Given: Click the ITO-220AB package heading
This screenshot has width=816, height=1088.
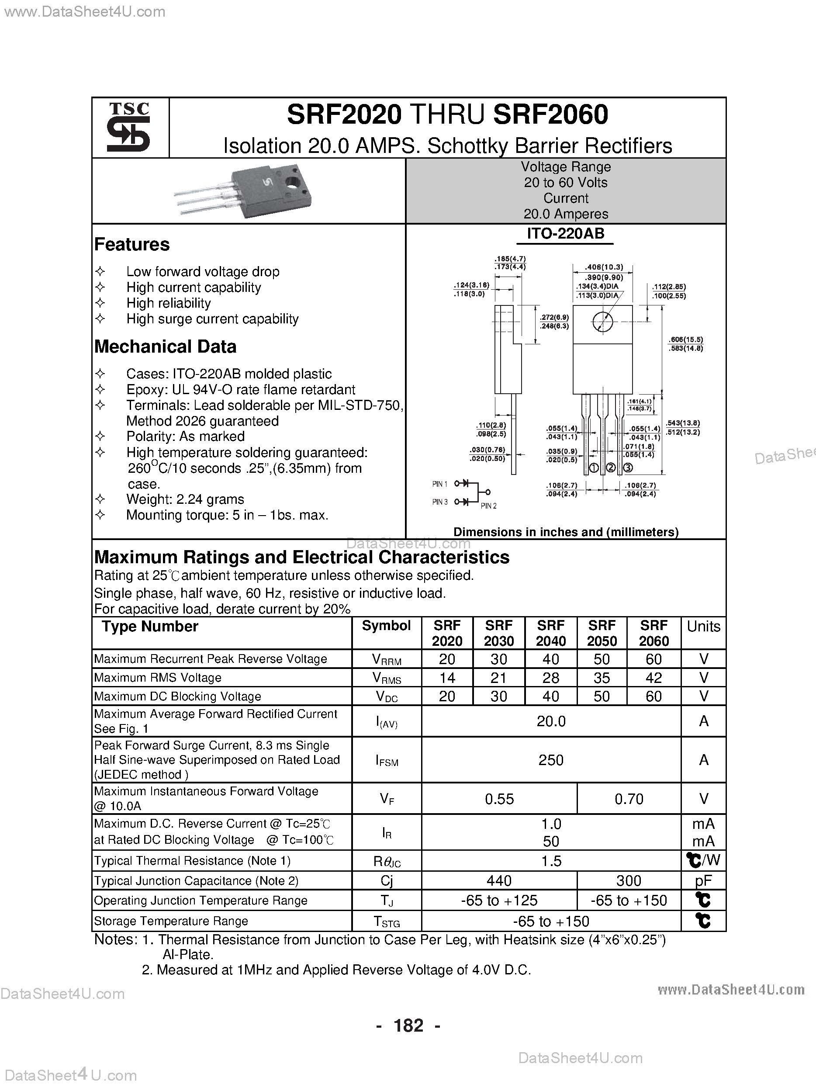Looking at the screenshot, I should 565,234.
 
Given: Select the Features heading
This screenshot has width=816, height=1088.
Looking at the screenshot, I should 132,244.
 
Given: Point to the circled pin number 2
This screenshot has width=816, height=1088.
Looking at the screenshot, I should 610,468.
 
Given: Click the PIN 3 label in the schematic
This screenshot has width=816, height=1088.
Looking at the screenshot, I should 440,502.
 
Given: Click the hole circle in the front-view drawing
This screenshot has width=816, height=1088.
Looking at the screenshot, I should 602,322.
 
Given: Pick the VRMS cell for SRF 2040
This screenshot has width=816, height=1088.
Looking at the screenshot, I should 550,678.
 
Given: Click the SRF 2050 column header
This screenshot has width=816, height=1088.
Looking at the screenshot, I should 602,633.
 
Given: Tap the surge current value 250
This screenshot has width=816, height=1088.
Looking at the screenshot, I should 550,760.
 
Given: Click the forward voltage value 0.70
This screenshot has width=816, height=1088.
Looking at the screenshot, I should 629,799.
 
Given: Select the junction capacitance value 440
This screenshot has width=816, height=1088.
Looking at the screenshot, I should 499,880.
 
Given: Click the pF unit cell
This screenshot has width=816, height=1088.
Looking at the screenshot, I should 703,880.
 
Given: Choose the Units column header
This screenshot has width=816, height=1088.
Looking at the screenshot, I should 703,626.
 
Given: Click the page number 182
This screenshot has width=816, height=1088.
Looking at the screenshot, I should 408,1026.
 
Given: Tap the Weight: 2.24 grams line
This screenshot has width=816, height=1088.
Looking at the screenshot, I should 185,499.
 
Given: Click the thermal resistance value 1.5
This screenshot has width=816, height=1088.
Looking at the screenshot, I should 551,861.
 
